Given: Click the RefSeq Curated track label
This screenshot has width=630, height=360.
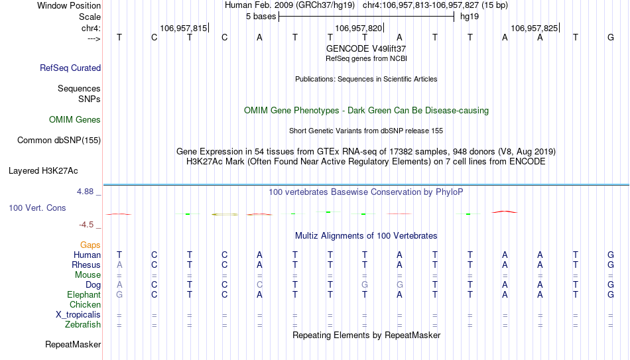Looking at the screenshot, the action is click(x=70, y=68).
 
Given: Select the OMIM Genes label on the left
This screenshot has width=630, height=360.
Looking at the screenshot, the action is click(x=75, y=120).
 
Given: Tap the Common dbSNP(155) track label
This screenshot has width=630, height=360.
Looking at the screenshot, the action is click(x=59, y=141).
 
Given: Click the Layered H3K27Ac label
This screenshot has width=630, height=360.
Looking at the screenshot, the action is click(x=43, y=171).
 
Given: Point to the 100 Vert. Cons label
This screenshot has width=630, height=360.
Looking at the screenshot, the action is click(x=37, y=208).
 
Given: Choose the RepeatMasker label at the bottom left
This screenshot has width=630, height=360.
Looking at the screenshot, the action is click(x=73, y=344).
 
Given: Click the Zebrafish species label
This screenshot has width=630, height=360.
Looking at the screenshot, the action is click(x=83, y=325).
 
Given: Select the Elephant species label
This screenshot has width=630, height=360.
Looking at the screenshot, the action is click(x=84, y=295).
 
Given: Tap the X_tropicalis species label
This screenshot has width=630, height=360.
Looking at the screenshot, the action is click(x=78, y=315).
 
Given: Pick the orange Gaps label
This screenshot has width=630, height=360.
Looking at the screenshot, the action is click(x=90, y=245).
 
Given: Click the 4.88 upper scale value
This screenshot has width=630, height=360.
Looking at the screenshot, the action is click(x=86, y=192).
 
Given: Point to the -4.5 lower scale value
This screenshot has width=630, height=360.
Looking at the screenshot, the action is click(x=86, y=225).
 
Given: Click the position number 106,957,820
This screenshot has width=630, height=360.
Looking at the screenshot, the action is click(x=358, y=28).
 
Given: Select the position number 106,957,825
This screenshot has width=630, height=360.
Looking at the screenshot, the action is click(x=534, y=28).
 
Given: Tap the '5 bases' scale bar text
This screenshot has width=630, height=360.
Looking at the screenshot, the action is click(x=261, y=17).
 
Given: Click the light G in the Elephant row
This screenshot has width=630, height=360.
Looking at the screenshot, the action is click(x=119, y=295).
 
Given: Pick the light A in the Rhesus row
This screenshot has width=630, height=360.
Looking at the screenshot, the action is click(x=119, y=265).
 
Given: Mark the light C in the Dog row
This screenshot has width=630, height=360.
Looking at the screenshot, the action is click(x=259, y=285).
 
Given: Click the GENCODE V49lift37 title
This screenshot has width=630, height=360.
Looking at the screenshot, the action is click(x=366, y=48).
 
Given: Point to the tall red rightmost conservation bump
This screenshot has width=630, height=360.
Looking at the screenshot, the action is click(x=505, y=211).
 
